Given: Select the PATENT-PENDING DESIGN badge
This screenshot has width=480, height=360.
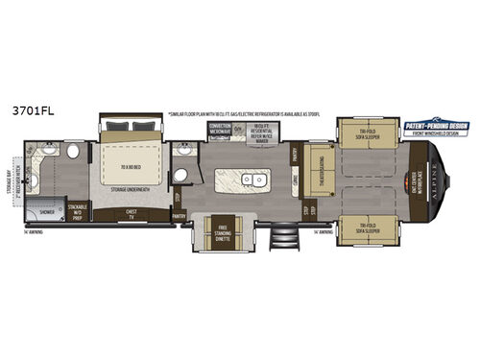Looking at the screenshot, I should click(x=434, y=125).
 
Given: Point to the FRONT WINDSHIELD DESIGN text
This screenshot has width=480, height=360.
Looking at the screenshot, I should click(x=434, y=134).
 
